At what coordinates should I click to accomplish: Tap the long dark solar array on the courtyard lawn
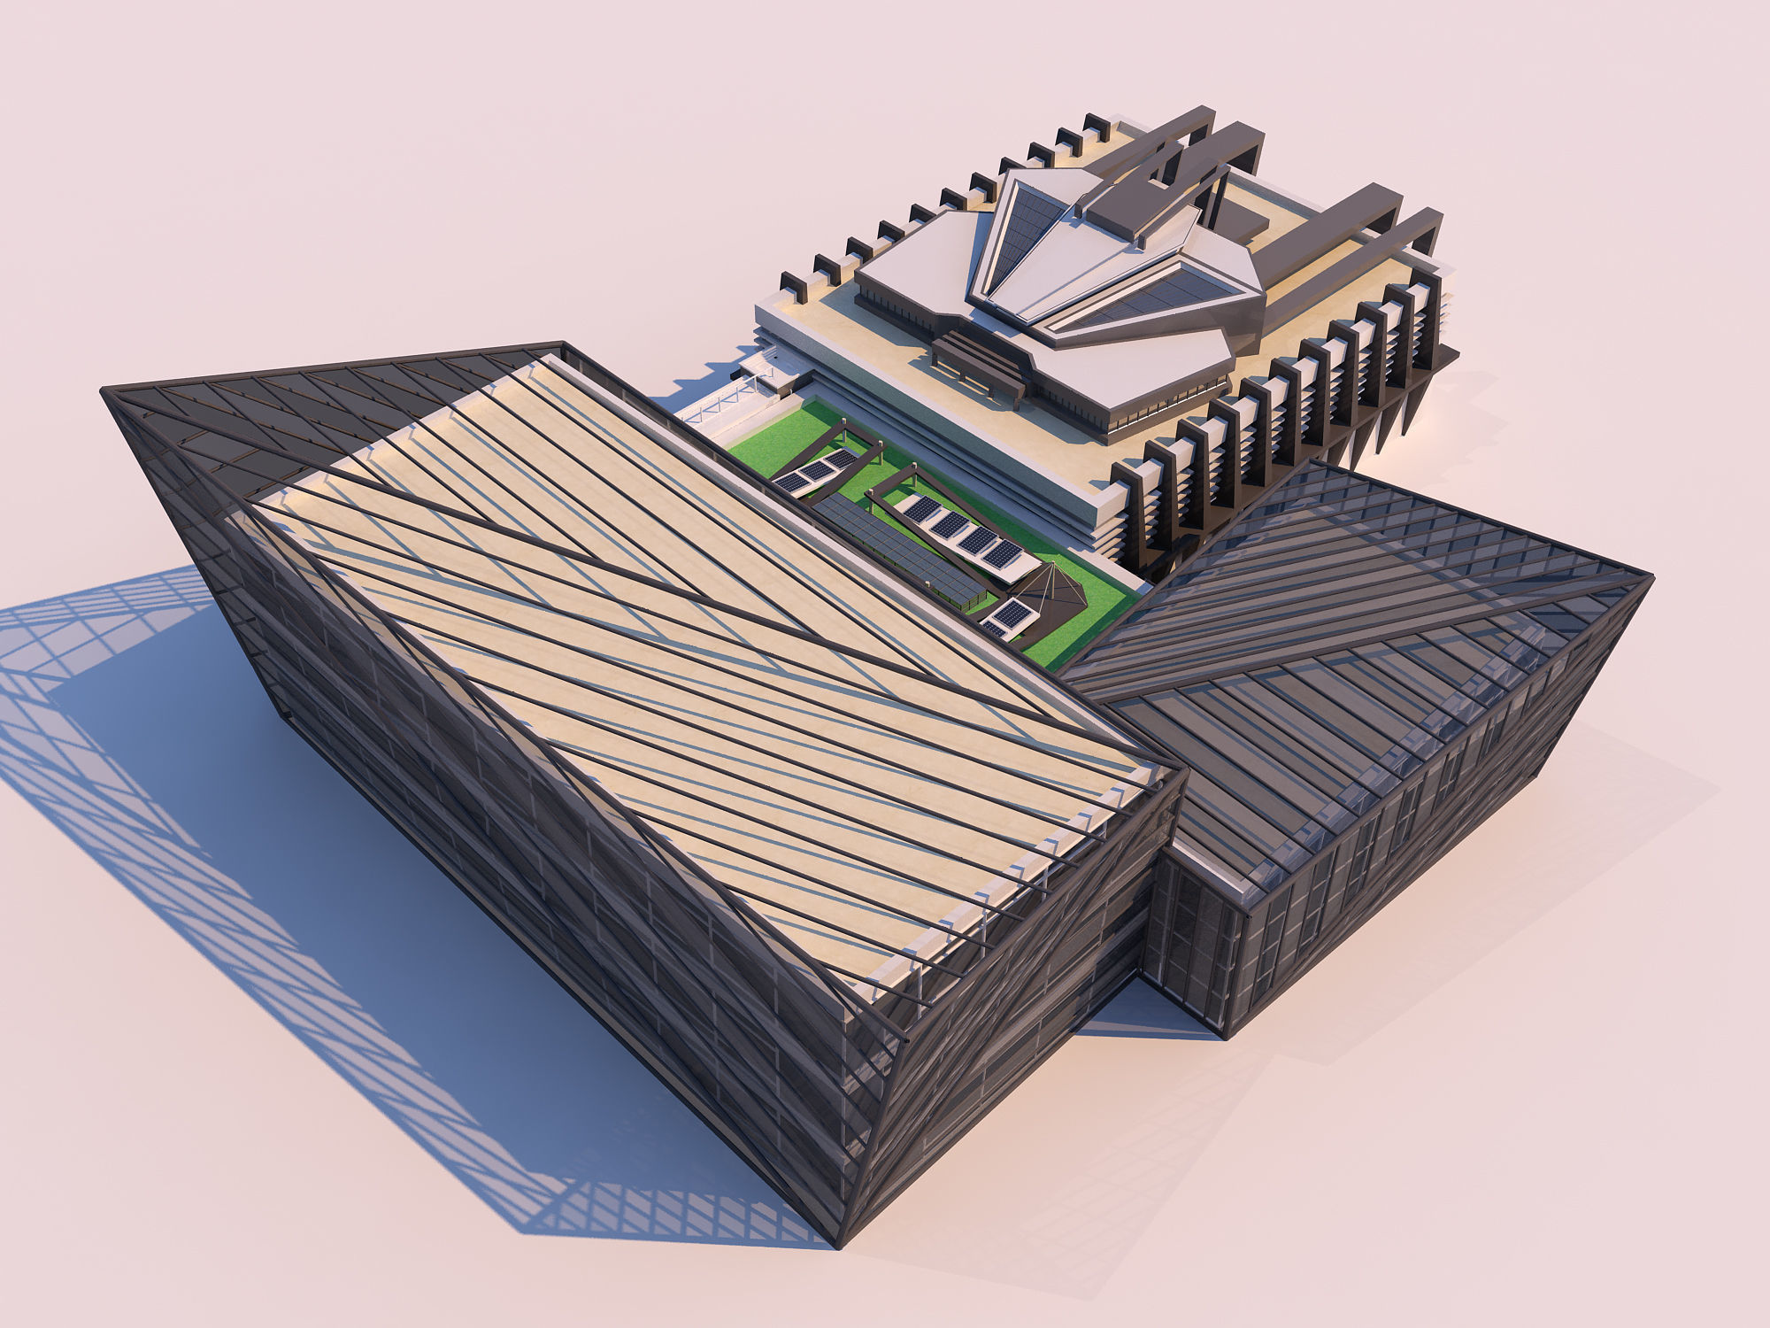point(894,549)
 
